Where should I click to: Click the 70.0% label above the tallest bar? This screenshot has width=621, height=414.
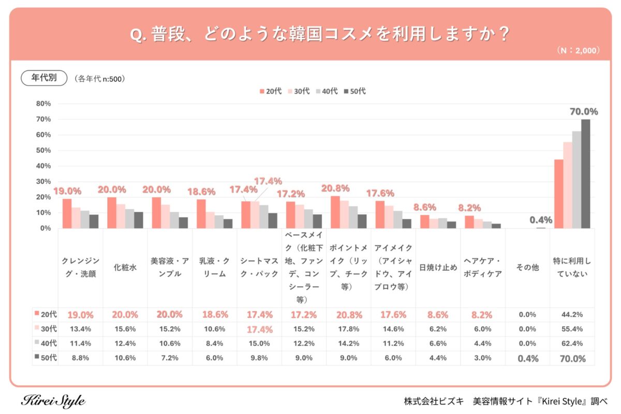[584, 112]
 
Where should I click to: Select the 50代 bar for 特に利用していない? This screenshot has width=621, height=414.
[585, 174]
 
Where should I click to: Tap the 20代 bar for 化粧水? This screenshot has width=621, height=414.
[112, 213]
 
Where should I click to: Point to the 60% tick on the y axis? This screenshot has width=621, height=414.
[43, 135]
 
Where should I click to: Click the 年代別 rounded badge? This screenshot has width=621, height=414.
[44, 78]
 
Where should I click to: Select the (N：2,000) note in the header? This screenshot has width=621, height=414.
[578, 51]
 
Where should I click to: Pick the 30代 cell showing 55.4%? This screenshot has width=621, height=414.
[572, 329]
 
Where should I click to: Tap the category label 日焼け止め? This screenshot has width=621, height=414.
[438, 268]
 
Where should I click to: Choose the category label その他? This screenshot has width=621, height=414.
[527, 268]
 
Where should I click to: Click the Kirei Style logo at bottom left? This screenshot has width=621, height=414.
[53, 401]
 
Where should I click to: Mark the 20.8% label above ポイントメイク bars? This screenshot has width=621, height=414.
[335, 188]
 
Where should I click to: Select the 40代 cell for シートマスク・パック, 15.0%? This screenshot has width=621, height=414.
[259, 344]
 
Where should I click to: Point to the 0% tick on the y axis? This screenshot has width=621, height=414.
[46, 228]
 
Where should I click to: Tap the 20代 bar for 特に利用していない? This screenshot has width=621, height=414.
[559, 194]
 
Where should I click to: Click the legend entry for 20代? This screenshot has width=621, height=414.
[271, 91]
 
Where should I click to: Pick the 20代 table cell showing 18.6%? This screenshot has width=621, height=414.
[215, 315]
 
